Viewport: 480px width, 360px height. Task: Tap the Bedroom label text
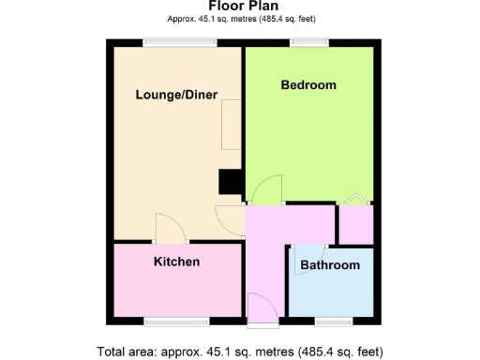pyautogui.click(x=308, y=85)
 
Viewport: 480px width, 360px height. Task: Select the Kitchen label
pyautogui.click(x=176, y=262)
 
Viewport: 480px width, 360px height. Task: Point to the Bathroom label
pyautogui.click(x=329, y=265)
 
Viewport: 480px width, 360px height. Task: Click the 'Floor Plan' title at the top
pyautogui.click(x=240, y=7)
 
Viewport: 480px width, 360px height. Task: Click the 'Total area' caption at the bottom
pyautogui.click(x=240, y=352)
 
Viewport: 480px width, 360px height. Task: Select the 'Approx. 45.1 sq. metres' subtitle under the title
pyautogui.click(x=240, y=19)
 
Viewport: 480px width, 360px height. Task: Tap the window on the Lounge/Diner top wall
pyautogui.click(x=179, y=41)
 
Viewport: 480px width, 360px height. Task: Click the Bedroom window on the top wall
pyautogui.click(x=308, y=41)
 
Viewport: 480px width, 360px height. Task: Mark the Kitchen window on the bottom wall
pyautogui.click(x=176, y=322)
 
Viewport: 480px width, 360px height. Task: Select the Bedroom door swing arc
pyautogui.click(x=267, y=189)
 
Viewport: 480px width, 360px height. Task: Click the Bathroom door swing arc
pyautogui.click(x=310, y=251)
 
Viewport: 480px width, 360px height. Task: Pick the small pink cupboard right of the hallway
pyautogui.click(x=355, y=224)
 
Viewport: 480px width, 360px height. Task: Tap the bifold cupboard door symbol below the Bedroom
pyautogui.click(x=356, y=199)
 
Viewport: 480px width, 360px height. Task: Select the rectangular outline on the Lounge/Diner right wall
pyautogui.click(x=231, y=126)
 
